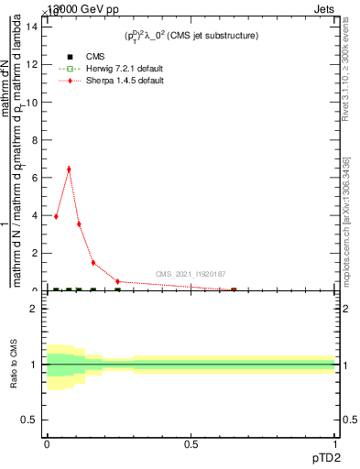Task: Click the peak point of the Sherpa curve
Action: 69,169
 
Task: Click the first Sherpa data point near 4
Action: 56,216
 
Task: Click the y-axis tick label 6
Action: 37,178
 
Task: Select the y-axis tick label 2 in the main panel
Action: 37,254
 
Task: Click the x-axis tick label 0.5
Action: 191,445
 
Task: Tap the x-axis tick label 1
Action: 335,445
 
